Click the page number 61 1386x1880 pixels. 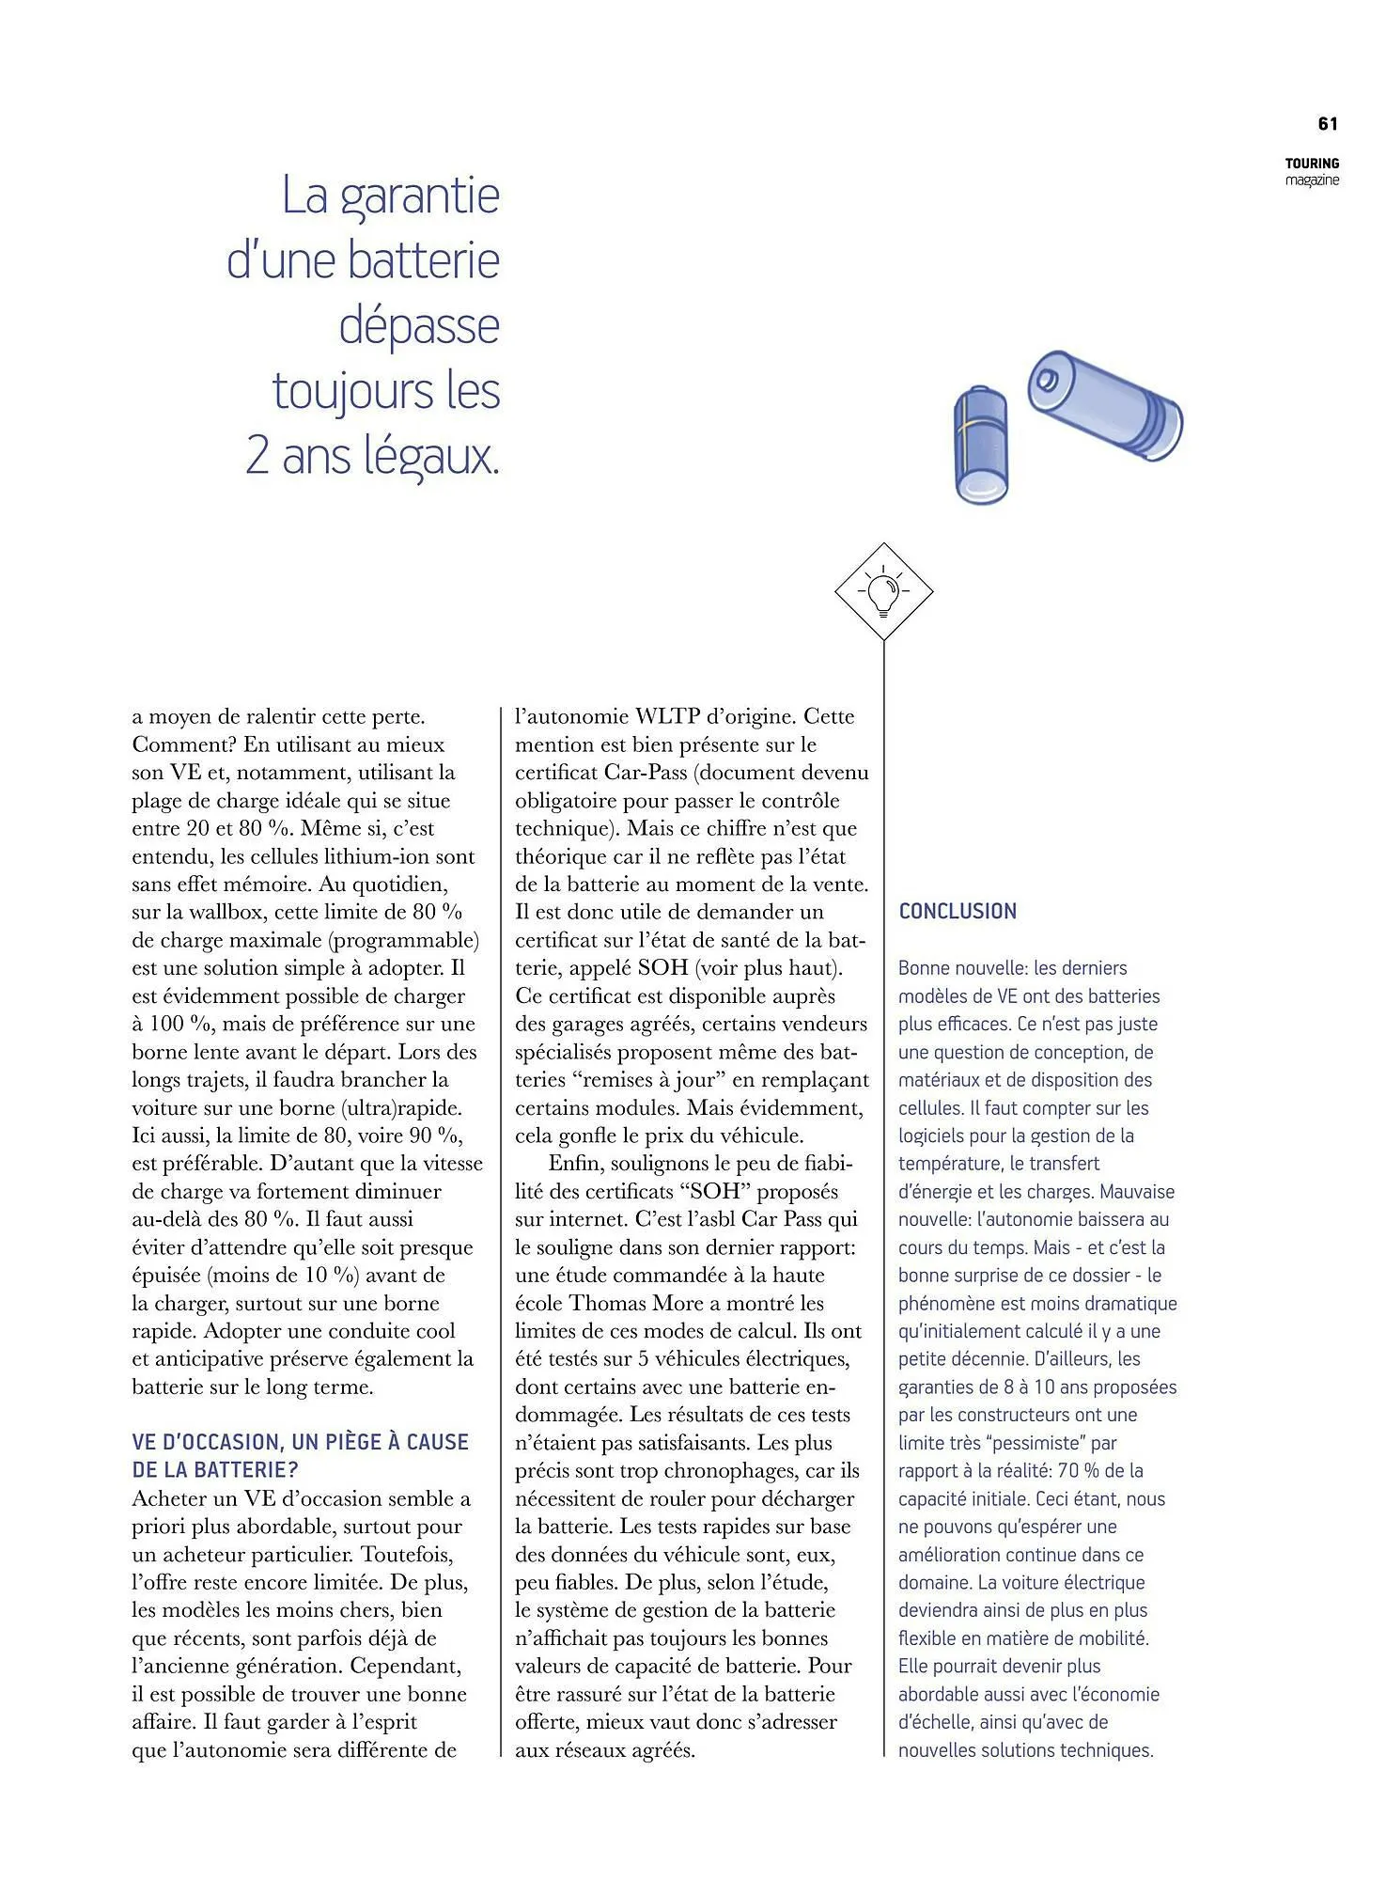pos(1328,123)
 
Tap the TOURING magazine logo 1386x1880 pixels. pos(1312,171)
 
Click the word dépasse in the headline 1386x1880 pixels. pos(419,326)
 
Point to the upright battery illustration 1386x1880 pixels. pos(981,445)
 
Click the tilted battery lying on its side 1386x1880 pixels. pos(1104,405)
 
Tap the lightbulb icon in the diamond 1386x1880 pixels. pos(883,592)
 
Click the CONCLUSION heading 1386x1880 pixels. pos(958,911)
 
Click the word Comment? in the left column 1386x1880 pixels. pos(184,744)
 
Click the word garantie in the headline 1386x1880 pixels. pos(419,196)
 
